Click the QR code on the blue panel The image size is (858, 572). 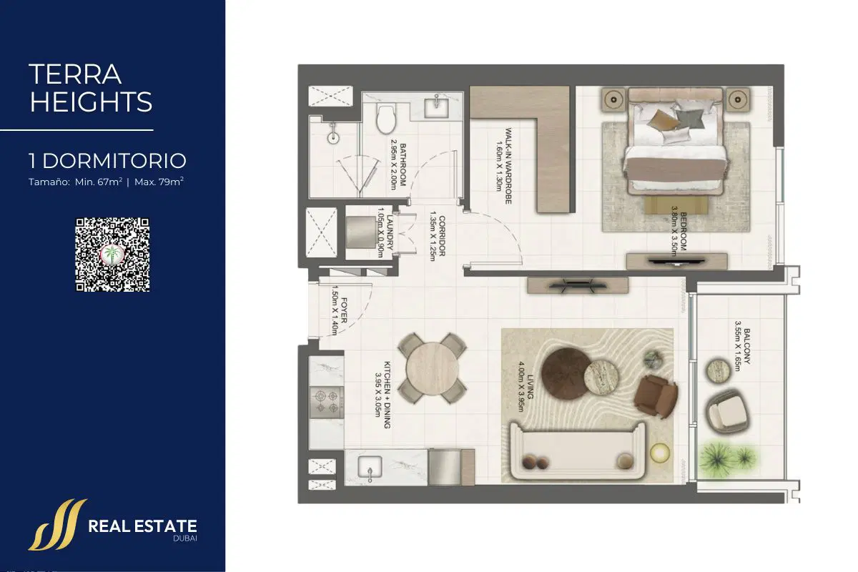pyautogui.click(x=112, y=255)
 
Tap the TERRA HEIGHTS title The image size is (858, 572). pyautogui.click(x=91, y=88)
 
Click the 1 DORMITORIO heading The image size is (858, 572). pyautogui.click(x=108, y=161)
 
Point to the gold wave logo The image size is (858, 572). pyautogui.click(x=57, y=525)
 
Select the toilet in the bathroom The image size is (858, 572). pyautogui.click(x=385, y=118)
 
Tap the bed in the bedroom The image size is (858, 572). pyautogui.click(x=676, y=141)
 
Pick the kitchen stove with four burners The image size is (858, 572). pyautogui.click(x=327, y=402)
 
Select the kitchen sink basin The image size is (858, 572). pyautogui.click(x=370, y=467)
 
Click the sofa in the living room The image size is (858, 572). pyautogui.click(x=578, y=450)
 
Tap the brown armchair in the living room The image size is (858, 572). pyautogui.click(x=656, y=395)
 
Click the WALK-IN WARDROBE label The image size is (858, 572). pyautogui.click(x=503, y=165)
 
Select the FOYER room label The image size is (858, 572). pyautogui.click(x=339, y=310)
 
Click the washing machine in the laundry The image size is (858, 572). pyautogui.click(x=361, y=232)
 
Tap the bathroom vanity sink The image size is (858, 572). pyautogui.click(x=436, y=108)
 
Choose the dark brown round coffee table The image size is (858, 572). pyautogui.click(x=566, y=374)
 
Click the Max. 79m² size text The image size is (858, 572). pyautogui.click(x=159, y=182)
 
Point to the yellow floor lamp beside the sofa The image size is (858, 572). pyautogui.click(x=659, y=453)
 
